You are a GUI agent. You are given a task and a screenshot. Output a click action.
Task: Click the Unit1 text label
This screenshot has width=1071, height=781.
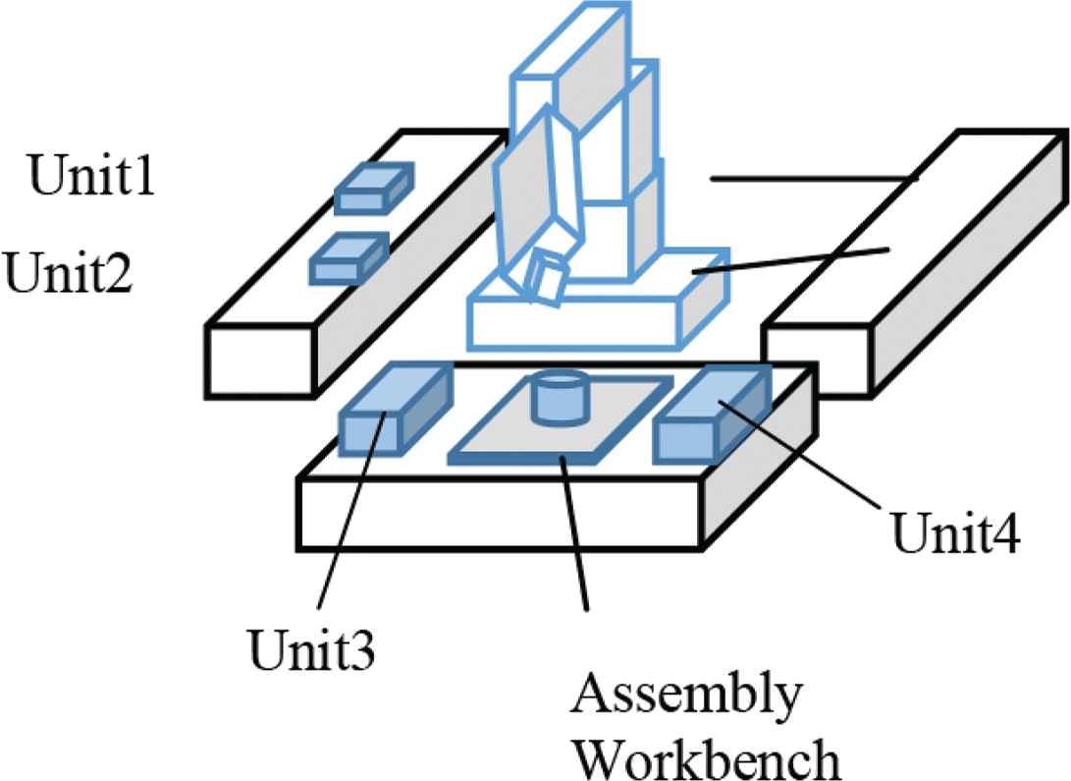90,178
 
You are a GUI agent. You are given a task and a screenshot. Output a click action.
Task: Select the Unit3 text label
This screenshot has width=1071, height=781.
310,649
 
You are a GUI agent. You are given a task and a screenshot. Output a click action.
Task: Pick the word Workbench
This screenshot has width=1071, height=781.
707,757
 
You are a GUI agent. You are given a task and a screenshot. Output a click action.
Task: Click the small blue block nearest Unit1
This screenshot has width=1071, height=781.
373,188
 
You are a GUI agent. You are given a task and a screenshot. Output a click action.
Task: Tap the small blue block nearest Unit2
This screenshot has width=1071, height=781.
348,258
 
